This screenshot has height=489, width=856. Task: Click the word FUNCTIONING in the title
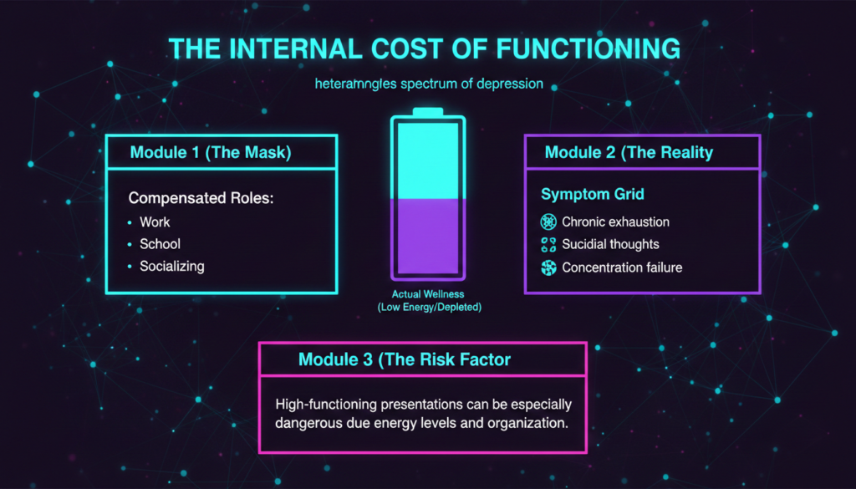point(588,48)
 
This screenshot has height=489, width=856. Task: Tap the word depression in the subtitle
point(510,84)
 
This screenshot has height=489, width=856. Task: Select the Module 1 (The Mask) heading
point(211,152)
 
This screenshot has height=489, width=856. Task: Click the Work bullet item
point(155,222)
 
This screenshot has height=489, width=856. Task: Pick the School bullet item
point(160,244)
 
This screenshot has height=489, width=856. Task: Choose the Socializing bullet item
point(172,267)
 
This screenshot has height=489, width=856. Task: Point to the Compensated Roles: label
point(201,197)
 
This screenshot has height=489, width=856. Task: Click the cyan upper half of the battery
point(428,160)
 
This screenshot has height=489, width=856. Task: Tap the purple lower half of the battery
point(428,236)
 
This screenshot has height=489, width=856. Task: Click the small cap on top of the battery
point(428,112)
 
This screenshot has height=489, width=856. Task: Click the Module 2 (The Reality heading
point(629,152)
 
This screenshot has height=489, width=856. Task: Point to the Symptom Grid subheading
point(593,194)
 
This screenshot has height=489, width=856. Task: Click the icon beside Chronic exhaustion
point(548,222)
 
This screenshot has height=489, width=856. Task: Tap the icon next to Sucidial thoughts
point(548,244)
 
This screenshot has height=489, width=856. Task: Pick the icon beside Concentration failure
point(548,267)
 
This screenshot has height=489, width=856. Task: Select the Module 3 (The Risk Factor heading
point(405,359)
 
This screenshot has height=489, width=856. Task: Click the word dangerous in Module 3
point(308,423)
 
